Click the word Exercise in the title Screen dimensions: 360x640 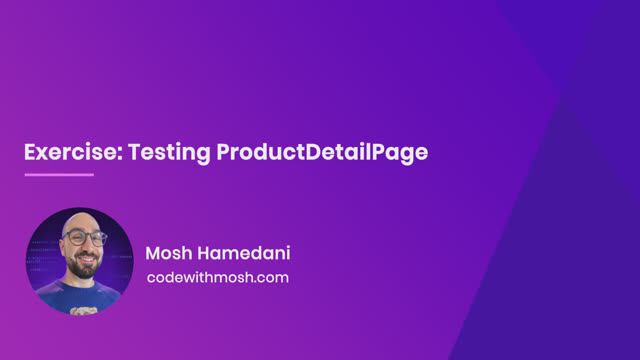[x=65, y=153]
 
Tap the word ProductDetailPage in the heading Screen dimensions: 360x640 [x=321, y=153]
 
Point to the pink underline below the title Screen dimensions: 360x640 [x=59, y=174]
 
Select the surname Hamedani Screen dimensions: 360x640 [x=242, y=252]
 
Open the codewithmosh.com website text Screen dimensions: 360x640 [x=217, y=277]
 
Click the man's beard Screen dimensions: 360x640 [x=86, y=268]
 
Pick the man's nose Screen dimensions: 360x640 [x=85, y=249]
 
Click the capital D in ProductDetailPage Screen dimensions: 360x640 [x=307, y=153]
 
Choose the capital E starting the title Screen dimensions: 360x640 [x=30, y=153]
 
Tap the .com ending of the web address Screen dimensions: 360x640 [x=271, y=277]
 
